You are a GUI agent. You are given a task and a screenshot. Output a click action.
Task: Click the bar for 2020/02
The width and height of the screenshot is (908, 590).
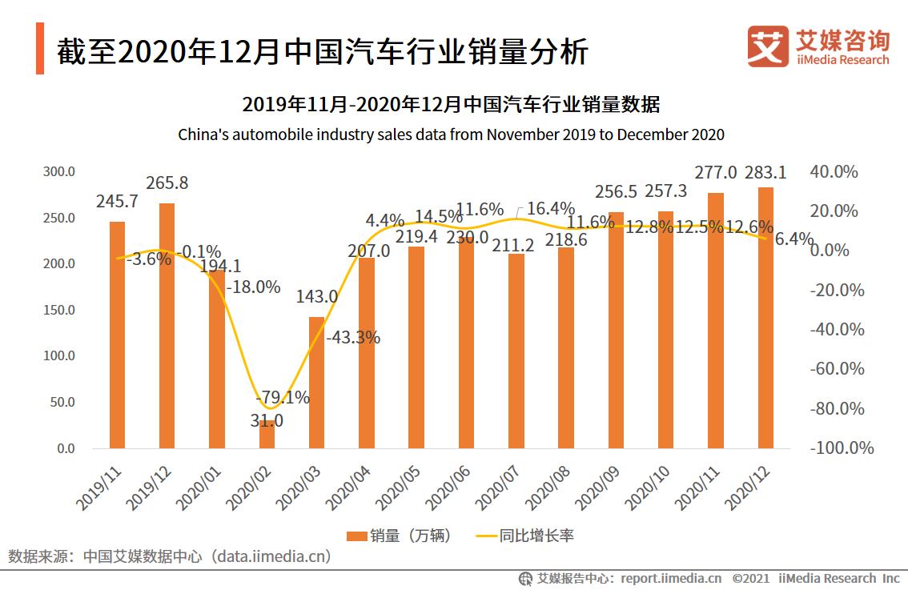pyautogui.click(x=267, y=434)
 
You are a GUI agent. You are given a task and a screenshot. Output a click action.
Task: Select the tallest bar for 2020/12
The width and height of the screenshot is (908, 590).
pyautogui.click(x=765, y=320)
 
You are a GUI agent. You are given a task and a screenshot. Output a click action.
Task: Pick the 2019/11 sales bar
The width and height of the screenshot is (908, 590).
pyautogui.click(x=117, y=336)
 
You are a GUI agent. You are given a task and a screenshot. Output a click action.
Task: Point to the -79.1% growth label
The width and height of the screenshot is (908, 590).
pyautogui.click(x=282, y=397)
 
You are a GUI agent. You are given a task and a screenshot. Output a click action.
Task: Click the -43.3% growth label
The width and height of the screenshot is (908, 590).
pyautogui.click(x=353, y=337)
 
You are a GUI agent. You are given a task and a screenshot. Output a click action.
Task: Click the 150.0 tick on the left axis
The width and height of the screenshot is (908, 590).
pyautogui.click(x=58, y=310)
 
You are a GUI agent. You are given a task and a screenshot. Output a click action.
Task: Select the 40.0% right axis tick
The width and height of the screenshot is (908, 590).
pyautogui.click(x=834, y=172)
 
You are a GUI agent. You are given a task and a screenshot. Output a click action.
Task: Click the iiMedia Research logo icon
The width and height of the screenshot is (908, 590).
pyautogui.click(x=767, y=46)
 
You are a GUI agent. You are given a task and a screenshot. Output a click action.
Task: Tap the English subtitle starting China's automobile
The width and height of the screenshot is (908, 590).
pyautogui.click(x=451, y=134)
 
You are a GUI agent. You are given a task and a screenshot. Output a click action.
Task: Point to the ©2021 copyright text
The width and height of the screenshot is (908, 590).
pyautogui.click(x=750, y=578)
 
